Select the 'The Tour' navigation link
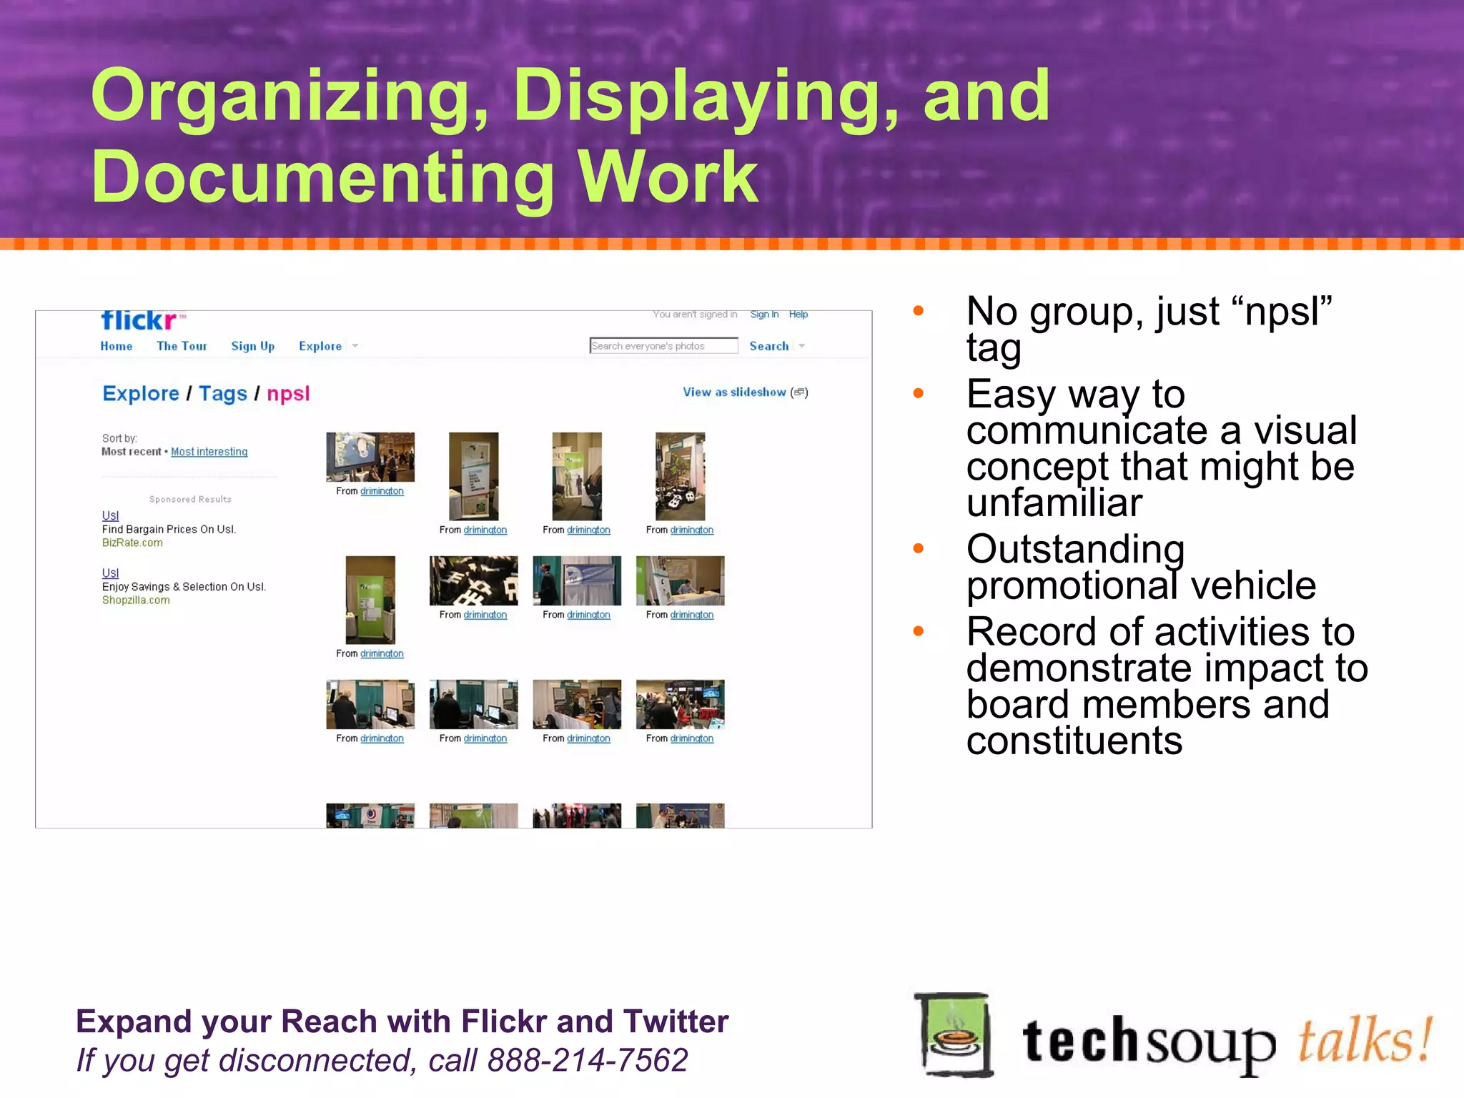(x=182, y=346)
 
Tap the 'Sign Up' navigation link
(x=252, y=346)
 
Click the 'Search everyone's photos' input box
(x=663, y=346)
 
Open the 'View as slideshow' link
(x=735, y=392)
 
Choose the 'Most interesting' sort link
(x=209, y=452)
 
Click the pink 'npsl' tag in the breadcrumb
(x=288, y=394)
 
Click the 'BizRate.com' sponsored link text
(x=132, y=543)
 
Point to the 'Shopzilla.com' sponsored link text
(x=136, y=600)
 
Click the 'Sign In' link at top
(x=764, y=315)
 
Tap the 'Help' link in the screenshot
(x=798, y=315)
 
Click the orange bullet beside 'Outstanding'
(x=919, y=548)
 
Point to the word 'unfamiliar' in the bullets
(x=1054, y=503)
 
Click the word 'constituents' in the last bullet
(x=1074, y=740)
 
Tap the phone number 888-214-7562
(x=587, y=1060)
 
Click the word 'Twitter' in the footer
(x=676, y=1022)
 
